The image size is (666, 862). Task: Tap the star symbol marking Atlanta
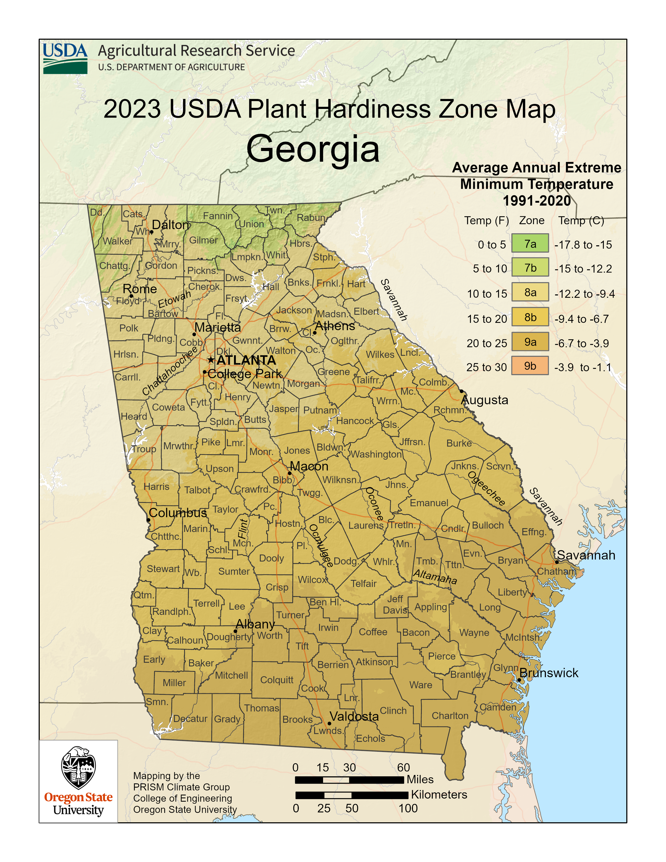[x=211, y=360]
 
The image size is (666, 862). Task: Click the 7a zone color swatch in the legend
[x=530, y=243]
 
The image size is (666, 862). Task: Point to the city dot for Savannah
[x=557, y=562]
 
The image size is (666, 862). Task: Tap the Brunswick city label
[x=548, y=673]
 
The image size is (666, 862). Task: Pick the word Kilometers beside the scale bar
[x=439, y=795]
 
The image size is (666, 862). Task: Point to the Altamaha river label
[x=435, y=577]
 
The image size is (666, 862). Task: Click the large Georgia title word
[x=313, y=149]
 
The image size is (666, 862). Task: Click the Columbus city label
[x=178, y=513]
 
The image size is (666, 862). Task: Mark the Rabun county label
[x=311, y=218]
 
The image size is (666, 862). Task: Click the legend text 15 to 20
[x=487, y=319]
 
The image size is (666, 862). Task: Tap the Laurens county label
[x=366, y=525]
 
